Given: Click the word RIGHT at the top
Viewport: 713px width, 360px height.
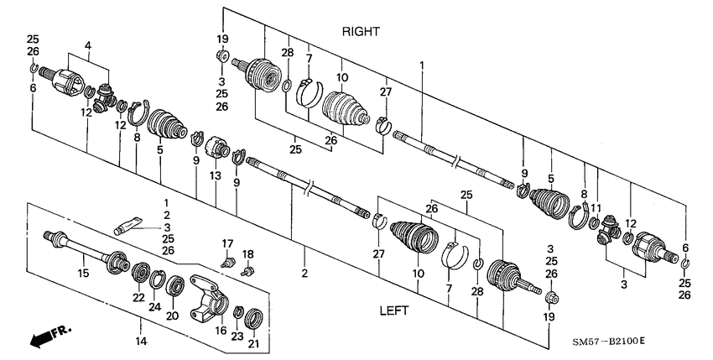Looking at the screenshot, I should [x=361, y=32].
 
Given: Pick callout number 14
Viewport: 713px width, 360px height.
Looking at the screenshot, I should [x=140, y=341].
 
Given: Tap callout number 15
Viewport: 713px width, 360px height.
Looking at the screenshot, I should [x=83, y=272].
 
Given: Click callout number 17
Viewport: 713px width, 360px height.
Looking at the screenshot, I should [x=226, y=244].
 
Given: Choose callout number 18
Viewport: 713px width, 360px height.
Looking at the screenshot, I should [x=247, y=253].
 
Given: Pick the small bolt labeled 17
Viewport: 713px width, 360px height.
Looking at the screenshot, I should [x=227, y=261].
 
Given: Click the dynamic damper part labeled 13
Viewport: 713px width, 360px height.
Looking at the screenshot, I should [x=221, y=152].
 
